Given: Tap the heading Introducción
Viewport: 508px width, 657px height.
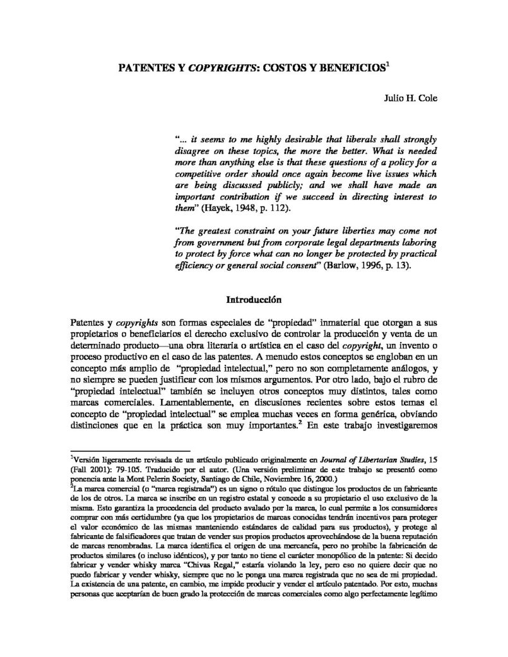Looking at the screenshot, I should click(x=254, y=298).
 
